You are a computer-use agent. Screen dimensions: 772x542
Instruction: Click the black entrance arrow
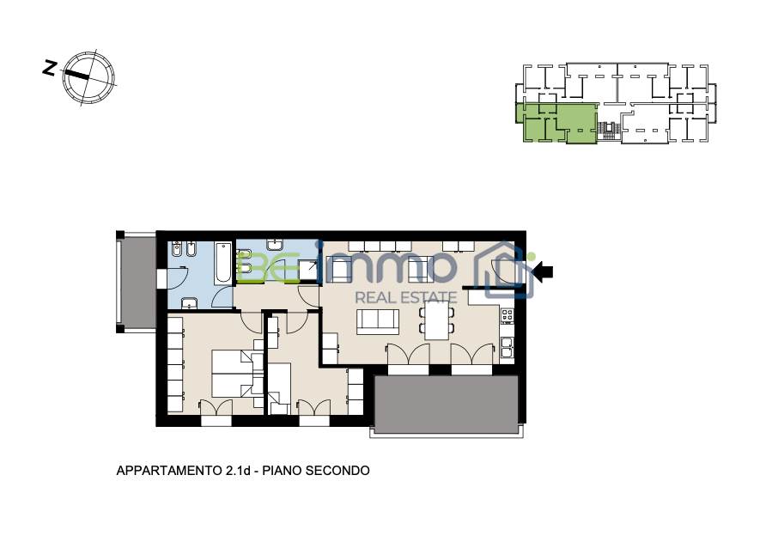[x=543, y=271]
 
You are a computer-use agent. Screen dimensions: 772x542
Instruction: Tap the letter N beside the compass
[x=49, y=68]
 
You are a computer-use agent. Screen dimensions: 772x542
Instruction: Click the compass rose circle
[x=88, y=78]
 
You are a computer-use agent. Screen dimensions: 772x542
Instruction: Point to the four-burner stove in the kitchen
[x=508, y=315]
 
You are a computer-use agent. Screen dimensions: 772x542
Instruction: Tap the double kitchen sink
[x=508, y=348]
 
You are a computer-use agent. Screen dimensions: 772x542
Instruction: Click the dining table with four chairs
[x=437, y=320]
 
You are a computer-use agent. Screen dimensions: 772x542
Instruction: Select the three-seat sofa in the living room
[x=378, y=321]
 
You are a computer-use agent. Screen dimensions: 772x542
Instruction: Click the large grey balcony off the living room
[x=446, y=405]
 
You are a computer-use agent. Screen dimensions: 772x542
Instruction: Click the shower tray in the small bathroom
[x=310, y=269]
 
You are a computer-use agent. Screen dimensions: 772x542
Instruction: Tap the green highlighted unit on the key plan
[x=556, y=123]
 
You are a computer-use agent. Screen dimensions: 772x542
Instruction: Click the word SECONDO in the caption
[x=337, y=471]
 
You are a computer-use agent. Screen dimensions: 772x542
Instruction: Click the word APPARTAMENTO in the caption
[x=169, y=471]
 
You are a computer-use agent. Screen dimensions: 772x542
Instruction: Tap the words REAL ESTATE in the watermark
[x=406, y=297]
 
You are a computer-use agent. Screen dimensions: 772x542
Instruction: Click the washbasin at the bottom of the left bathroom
[x=190, y=303]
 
